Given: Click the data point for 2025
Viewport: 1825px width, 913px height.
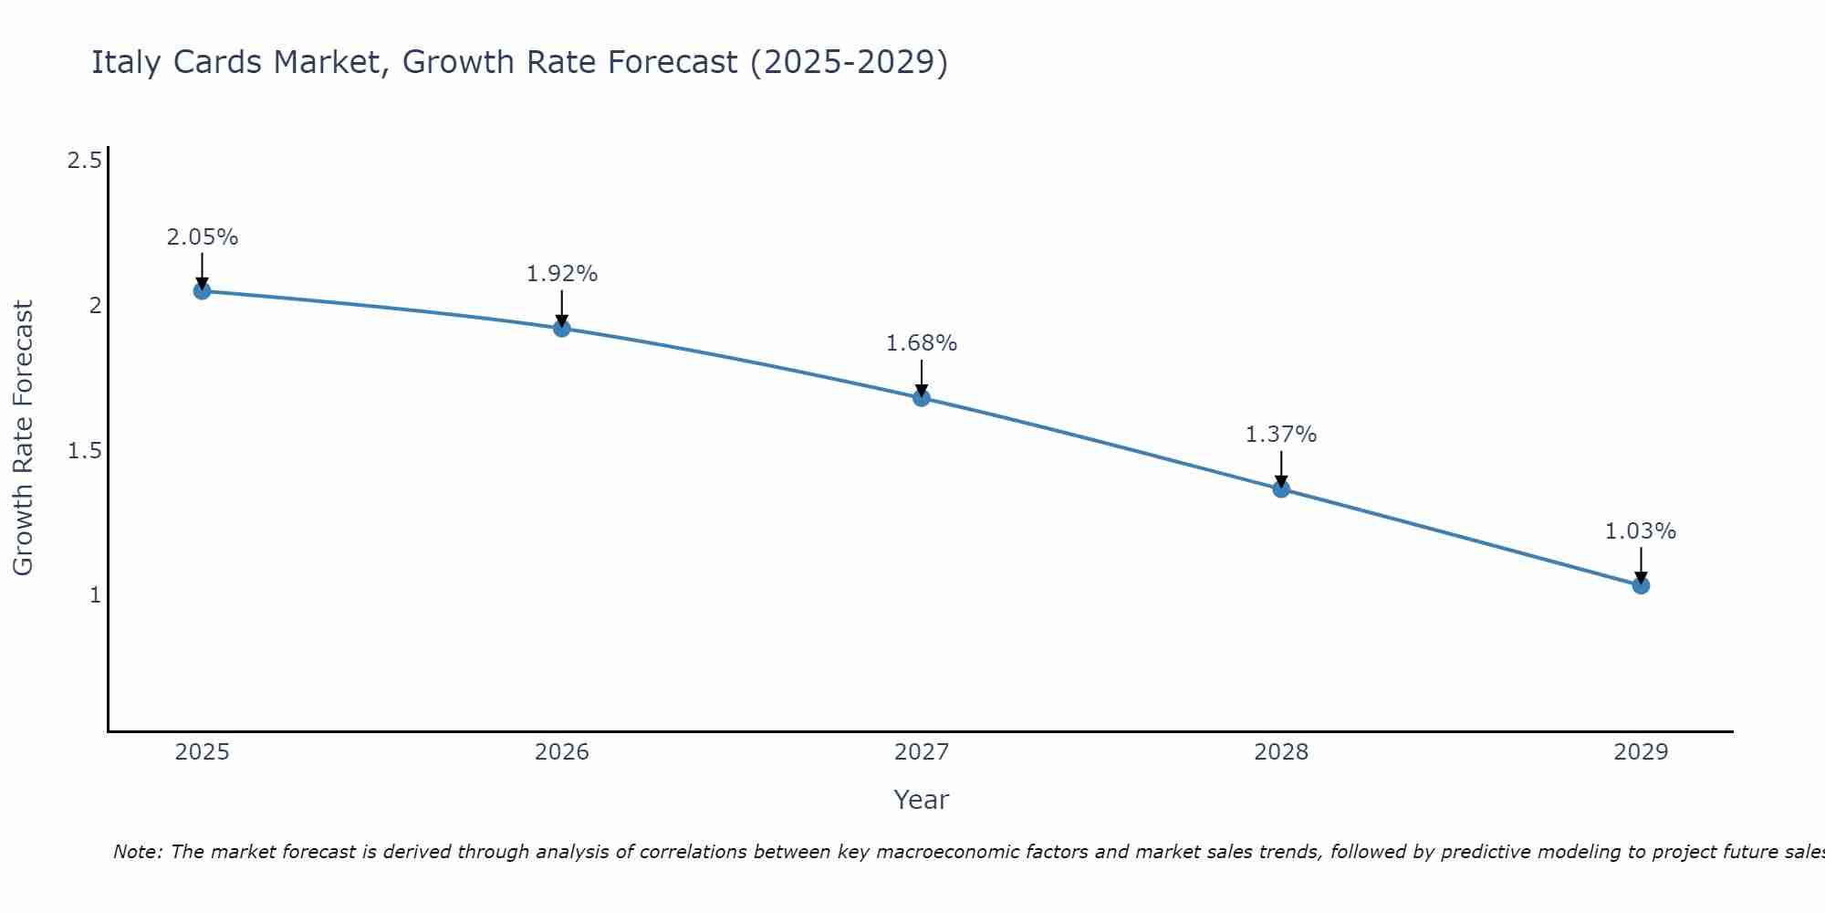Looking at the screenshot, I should pos(202,291).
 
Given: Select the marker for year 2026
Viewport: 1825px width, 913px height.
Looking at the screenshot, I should pos(562,328).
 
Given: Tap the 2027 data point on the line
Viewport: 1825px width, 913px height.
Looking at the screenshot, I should pos(922,397).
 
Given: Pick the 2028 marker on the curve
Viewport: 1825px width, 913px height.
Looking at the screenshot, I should pos(1281,488).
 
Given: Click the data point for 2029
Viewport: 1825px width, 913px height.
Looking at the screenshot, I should pos(1641,585).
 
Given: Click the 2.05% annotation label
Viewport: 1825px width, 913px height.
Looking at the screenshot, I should pos(202,237).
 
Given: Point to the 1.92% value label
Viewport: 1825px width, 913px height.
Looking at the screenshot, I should pos(562,274).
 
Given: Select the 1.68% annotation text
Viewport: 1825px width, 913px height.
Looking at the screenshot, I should pos(922,343).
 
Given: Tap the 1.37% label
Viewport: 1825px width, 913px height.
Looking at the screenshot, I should pos(1281,435).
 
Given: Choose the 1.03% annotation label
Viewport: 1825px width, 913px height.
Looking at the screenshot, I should pos(1641,531).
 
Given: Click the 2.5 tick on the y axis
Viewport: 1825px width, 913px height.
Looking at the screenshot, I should pos(85,162).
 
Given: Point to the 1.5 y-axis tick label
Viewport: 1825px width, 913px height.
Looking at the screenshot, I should pos(85,451).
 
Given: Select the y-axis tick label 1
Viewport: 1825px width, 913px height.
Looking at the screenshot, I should pos(94,595).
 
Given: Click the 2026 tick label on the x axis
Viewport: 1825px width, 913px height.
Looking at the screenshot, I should pos(562,752).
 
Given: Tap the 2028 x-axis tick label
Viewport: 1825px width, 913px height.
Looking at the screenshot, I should pos(1281,752).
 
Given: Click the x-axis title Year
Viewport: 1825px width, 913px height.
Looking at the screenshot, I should pos(921,800).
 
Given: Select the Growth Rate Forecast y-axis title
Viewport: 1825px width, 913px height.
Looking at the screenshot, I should pos(24,438).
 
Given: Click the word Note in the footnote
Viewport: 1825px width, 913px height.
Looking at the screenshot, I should pos(137,852).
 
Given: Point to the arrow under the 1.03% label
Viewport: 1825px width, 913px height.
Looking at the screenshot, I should pos(1641,564).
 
